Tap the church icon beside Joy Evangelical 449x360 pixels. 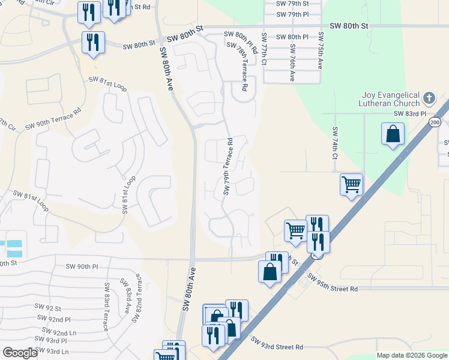pyautogui.click(x=429, y=97)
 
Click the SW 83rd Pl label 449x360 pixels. pyautogui.click(x=409, y=113)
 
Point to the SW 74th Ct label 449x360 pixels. pyautogui.click(x=335, y=143)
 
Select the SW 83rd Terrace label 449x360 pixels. pyautogui.click(x=106, y=307)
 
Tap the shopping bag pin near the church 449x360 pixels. pyautogui.click(x=392, y=134)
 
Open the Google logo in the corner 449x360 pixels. pyautogui.click(x=20, y=353)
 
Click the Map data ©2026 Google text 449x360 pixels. pyautogui.click(x=411, y=355)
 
